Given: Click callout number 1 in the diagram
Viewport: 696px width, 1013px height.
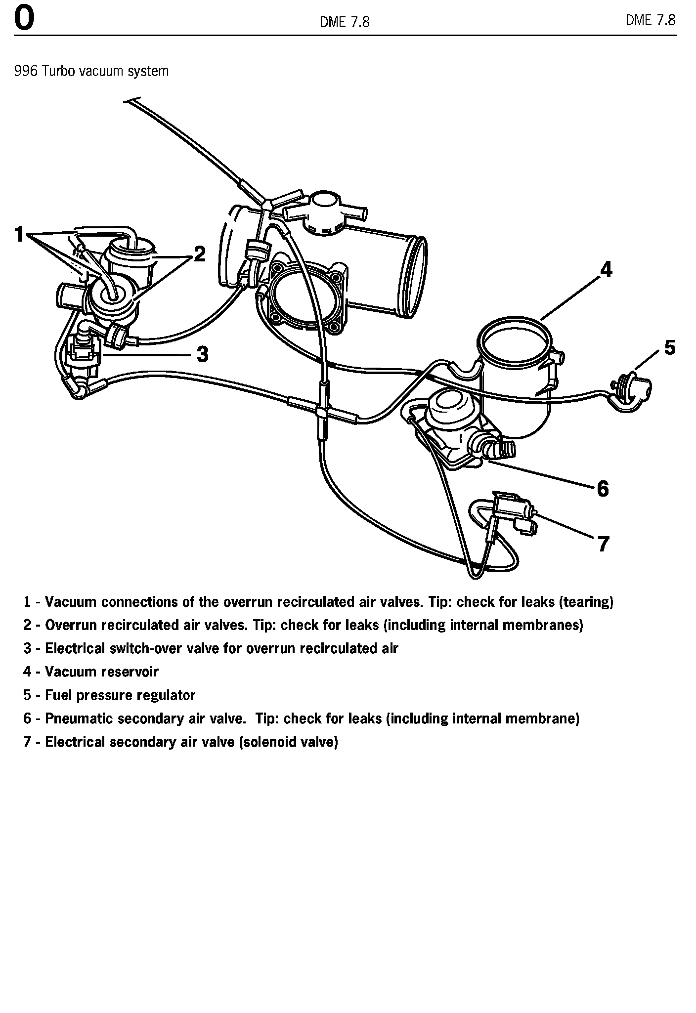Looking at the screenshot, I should coord(19,234).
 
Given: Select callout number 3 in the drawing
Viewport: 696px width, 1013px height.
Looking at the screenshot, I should coord(202,354).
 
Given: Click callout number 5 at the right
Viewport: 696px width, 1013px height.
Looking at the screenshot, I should coord(669,348).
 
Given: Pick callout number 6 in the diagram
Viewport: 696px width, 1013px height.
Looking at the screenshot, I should coord(603,489).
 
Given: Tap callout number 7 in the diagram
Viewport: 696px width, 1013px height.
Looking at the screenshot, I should coord(603,544).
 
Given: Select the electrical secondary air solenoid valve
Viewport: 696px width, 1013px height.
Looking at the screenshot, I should coord(512,511).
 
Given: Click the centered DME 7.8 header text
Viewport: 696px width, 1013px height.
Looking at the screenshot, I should coord(345,22).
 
